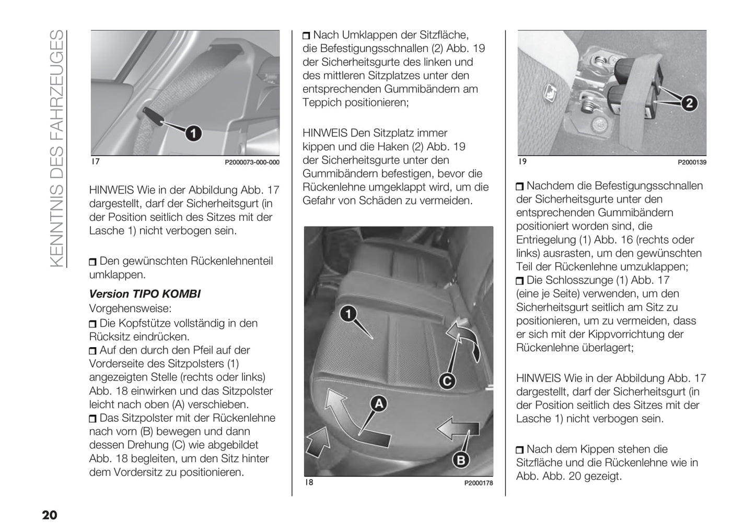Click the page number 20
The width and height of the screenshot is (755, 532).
click(x=50, y=515)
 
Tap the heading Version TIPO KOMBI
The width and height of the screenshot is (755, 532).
click(x=145, y=294)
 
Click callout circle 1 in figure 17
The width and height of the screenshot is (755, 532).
click(x=193, y=134)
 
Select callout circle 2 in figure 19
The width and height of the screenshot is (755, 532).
click(x=689, y=103)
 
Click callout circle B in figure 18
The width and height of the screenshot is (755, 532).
click(x=461, y=460)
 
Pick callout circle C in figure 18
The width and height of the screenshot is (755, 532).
click(x=447, y=381)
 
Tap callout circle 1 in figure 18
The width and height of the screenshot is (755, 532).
click(x=348, y=314)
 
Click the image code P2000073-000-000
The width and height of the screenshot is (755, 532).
click(x=252, y=162)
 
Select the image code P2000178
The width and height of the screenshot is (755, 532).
click(x=478, y=483)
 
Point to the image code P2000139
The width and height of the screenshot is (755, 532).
click(x=692, y=162)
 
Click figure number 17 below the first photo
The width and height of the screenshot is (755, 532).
click(x=96, y=162)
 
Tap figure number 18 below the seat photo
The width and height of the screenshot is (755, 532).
click(x=309, y=482)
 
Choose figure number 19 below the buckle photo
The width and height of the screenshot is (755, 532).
click(x=522, y=162)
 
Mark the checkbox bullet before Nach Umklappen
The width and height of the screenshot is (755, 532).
click(x=307, y=36)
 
